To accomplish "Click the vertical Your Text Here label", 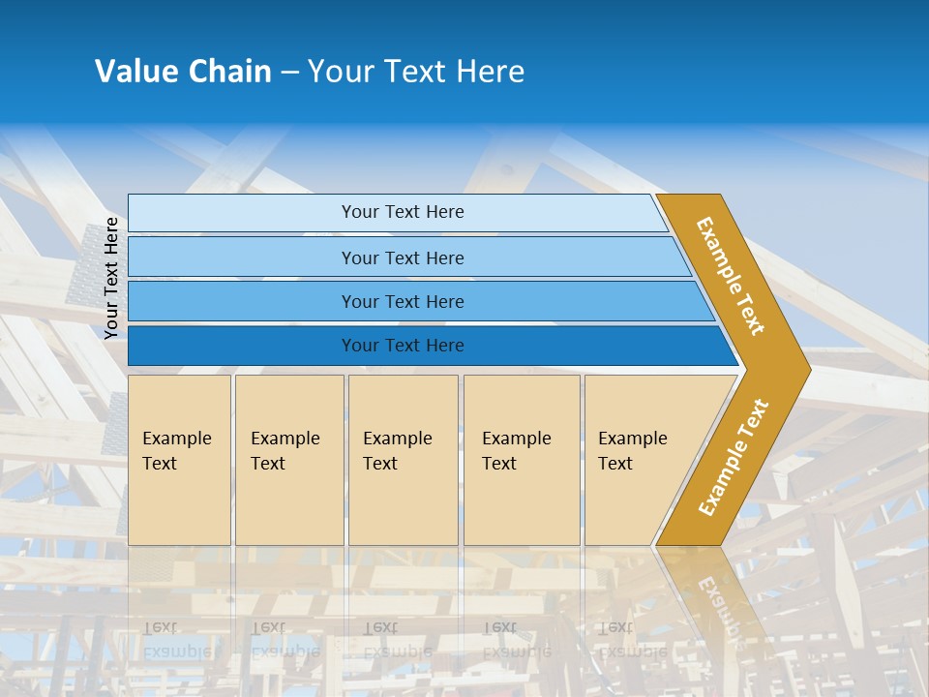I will [112, 278].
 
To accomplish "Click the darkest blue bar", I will [242, 346].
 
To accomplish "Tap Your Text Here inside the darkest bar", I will [403, 346].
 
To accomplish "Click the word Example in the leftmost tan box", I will [176, 439].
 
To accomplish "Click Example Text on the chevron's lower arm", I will [734, 457].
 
